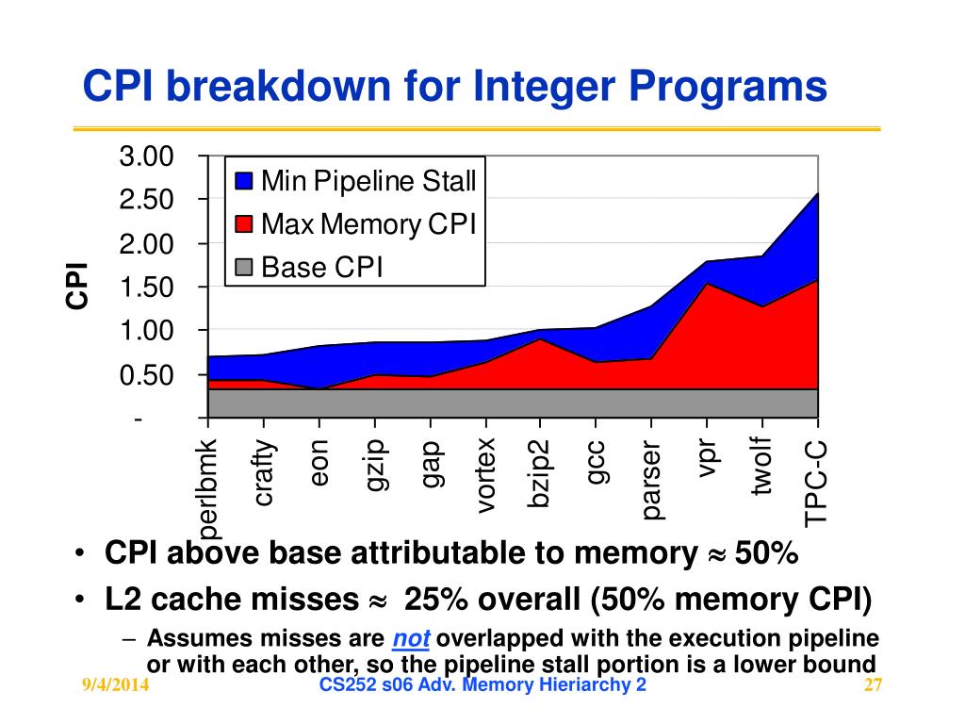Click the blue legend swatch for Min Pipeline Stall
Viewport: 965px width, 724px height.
[245, 180]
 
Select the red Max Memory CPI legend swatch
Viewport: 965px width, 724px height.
[245, 224]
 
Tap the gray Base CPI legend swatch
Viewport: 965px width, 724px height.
[245, 269]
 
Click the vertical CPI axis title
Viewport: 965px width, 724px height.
[77, 286]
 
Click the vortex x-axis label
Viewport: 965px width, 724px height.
[485, 476]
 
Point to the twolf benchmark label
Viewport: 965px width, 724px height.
[761, 466]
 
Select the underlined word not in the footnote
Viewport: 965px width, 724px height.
[411, 639]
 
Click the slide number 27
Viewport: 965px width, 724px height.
[872, 685]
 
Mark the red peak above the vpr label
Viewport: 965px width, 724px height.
[707, 284]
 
